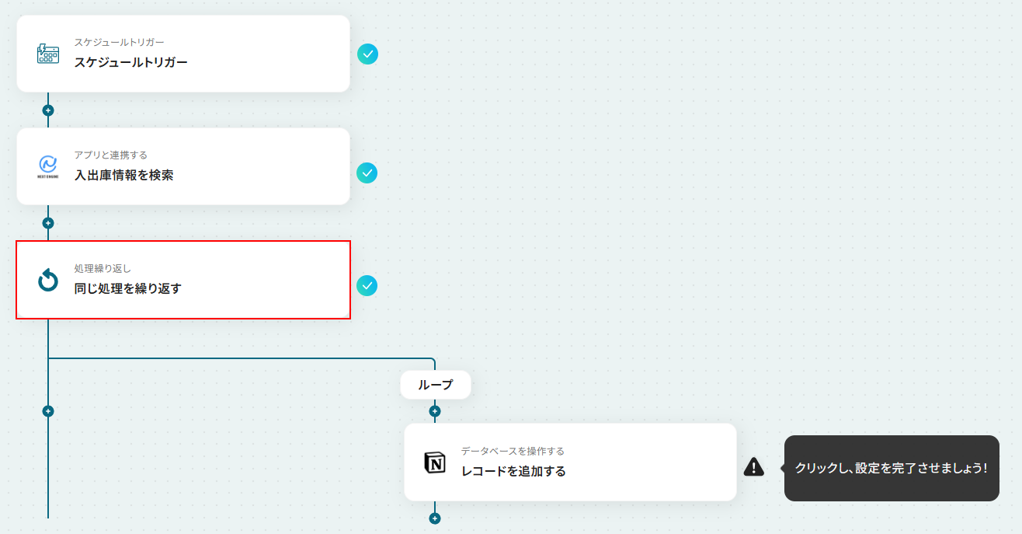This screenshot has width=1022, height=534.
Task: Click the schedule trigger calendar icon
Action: pos(48,54)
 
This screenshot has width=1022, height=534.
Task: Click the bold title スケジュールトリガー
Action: pos(131,62)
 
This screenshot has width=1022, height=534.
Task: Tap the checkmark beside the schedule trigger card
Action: pos(367,54)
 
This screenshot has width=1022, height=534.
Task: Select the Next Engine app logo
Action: pos(48,166)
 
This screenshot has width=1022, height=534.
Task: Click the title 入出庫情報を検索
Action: pos(123,175)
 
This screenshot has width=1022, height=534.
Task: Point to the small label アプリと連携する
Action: pos(111,155)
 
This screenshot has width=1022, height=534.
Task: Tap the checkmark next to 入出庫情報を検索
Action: pos(367,173)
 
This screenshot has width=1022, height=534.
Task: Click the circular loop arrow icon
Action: pos(48,280)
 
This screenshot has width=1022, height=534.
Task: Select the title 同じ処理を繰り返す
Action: pos(127,288)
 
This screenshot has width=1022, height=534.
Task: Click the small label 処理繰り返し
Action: pos(103,268)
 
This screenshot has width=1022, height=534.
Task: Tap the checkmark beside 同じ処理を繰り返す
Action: pos(367,286)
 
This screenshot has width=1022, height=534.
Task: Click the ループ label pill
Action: pos(435,385)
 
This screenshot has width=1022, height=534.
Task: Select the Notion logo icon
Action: pos(435,462)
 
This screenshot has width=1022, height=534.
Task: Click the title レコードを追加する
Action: pos(513,471)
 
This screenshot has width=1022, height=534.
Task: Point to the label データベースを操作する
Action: pos(513,451)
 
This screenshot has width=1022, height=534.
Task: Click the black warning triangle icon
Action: pos(754,467)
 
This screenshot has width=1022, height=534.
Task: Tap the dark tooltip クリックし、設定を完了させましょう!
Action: pos(892,468)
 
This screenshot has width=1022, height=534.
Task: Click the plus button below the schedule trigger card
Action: pos(48,110)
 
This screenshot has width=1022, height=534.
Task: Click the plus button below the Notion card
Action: pos(435,518)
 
